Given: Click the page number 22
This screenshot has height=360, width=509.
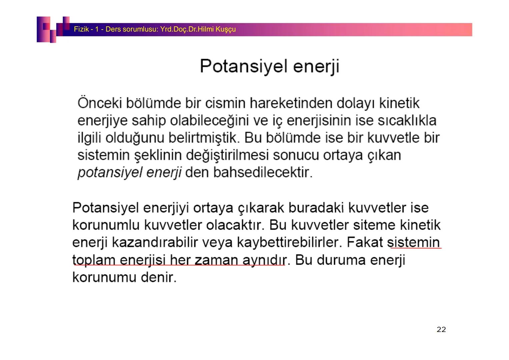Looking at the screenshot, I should click(x=441, y=330).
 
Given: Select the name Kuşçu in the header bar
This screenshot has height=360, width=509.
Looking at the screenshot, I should click(x=226, y=29).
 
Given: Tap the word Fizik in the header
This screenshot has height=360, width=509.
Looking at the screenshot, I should click(x=81, y=29).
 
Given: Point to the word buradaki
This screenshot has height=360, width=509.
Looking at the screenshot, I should click(x=316, y=208).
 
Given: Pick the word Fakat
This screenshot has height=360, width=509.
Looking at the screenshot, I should click(x=365, y=242).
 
